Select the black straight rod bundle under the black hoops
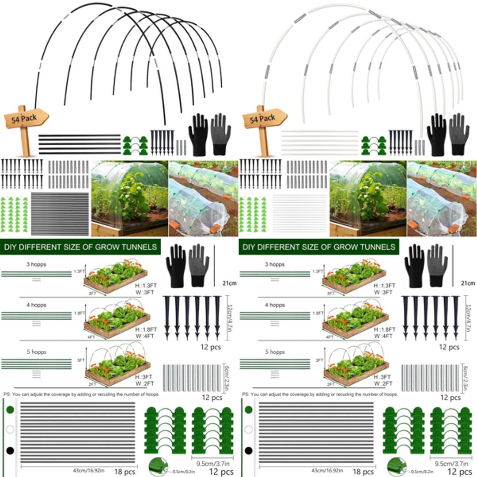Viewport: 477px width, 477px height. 79,144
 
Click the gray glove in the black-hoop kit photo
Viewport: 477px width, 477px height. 220,134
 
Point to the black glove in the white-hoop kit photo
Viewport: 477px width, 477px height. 436,134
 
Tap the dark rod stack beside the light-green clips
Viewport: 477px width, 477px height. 60,214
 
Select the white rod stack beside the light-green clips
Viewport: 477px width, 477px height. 299,214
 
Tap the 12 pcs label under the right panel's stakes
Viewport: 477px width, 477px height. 449,347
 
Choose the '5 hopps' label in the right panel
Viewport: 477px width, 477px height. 275,352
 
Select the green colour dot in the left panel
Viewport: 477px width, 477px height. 10,410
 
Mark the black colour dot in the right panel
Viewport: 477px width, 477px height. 249,451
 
